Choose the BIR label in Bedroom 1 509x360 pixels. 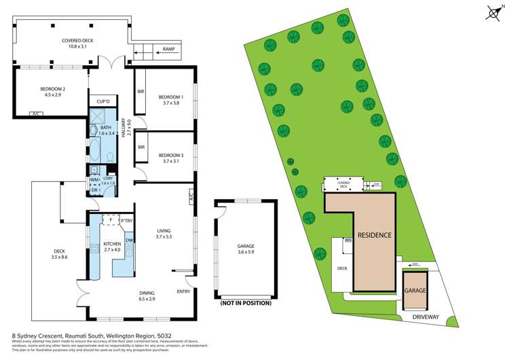(x=140, y=92)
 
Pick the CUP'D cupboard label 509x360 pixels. (x=103, y=101)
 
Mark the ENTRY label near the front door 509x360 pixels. (x=183, y=291)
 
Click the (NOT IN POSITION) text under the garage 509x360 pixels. (x=245, y=303)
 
